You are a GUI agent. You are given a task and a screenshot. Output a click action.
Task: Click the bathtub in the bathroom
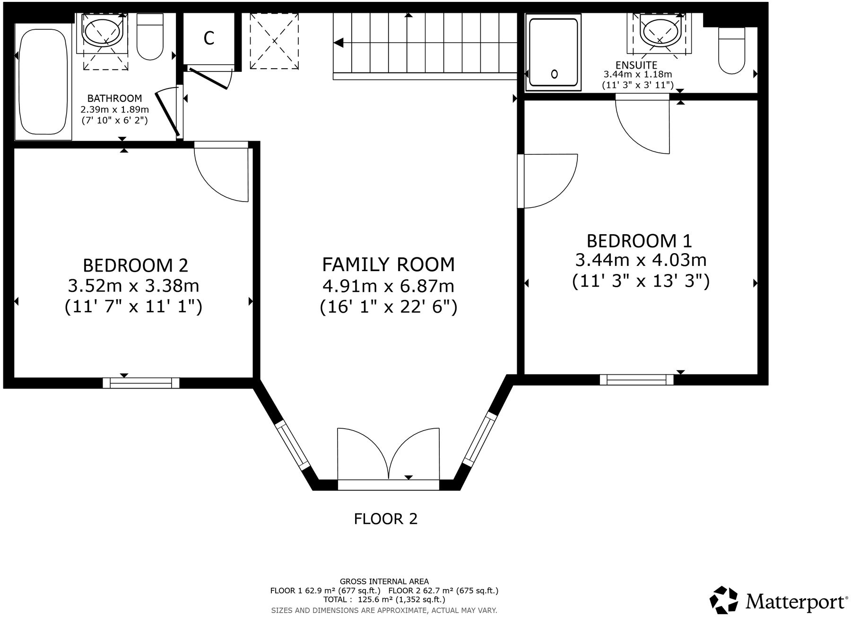coord(43,81)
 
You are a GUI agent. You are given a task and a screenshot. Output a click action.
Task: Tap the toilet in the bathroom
coord(150,37)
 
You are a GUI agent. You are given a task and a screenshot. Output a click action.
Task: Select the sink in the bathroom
coord(104,31)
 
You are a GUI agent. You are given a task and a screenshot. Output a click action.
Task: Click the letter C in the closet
coord(209,38)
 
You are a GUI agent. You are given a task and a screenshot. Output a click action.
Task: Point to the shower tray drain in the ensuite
coord(555,74)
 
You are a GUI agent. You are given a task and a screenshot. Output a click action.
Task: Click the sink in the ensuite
coord(659,31)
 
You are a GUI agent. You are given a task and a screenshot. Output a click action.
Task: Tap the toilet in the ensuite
coord(731,51)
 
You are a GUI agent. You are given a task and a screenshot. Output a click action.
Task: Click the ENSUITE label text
coord(636,65)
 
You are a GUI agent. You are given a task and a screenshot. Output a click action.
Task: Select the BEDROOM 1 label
coord(639,241)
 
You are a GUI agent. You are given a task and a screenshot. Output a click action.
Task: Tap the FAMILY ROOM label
coord(388,264)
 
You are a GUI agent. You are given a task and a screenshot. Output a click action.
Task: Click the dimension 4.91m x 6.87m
coord(388,286)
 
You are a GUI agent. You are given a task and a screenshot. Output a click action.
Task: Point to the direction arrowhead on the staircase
coord(338,43)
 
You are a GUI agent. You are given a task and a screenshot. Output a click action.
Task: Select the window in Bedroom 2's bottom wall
coord(141,382)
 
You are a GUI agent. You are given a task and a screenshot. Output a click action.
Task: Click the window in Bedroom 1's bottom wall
coord(636,379)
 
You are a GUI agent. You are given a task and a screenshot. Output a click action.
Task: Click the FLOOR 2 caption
coord(386,519)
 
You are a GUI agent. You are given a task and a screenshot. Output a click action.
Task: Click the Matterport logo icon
coord(724,601)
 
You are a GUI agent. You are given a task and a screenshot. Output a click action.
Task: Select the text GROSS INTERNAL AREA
coord(384,582)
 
